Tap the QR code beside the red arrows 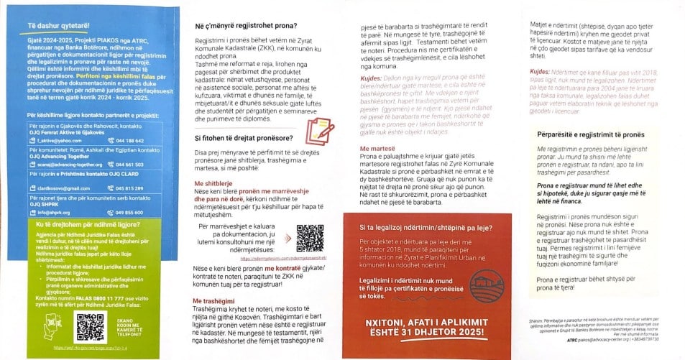(x=311, y=238)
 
